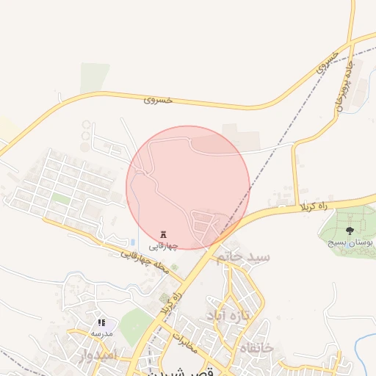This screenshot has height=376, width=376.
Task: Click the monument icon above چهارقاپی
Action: click(x=163, y=234)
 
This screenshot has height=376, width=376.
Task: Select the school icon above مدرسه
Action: click(x=101, y=322)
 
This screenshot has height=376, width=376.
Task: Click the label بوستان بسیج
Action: click(x=350, y=242)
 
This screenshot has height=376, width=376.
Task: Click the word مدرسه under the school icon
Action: click(x=101, y=333)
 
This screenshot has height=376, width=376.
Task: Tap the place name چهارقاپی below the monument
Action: click(x=163, y=246)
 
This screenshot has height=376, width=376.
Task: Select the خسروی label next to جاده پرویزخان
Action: click(x=328, y=64)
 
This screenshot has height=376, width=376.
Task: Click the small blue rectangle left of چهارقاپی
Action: click(x=132, y=242)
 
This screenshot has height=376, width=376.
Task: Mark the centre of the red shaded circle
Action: click(x=188, y=187)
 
